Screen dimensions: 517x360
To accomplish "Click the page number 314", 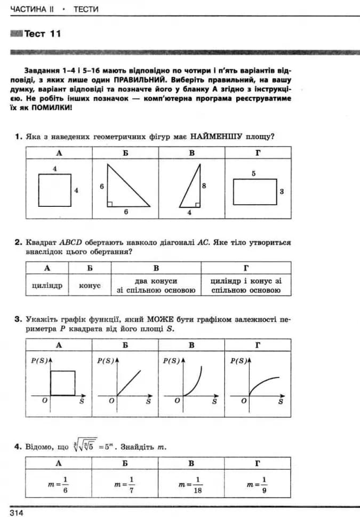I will point(17,512).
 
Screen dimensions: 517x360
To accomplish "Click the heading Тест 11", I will point(43,34).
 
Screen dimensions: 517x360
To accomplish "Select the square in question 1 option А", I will point(54,190).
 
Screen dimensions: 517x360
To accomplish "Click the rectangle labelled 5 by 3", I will point(254,191).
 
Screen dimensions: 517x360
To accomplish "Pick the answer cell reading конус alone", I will point(90,286).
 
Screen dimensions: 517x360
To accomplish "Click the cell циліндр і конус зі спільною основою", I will point(245,286).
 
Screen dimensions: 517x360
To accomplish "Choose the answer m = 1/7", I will point(124,484).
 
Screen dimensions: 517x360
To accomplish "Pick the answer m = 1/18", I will point(191,484).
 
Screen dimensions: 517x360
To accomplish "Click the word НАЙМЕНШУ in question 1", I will point(216,136).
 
